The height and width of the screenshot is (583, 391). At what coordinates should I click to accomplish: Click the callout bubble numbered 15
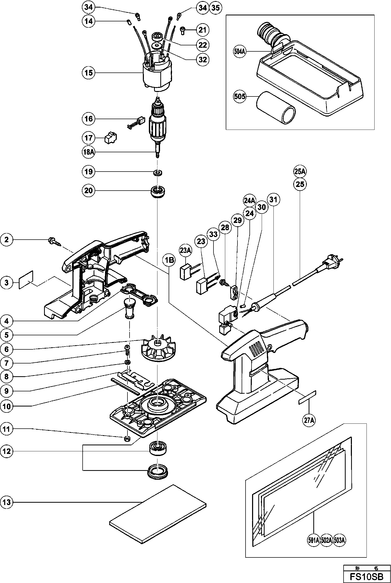89,73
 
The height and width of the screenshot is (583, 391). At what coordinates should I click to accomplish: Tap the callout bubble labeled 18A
89,152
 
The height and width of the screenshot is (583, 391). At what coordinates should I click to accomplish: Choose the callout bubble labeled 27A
309,420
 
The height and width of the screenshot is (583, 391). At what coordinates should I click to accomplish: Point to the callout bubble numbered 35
215,8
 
